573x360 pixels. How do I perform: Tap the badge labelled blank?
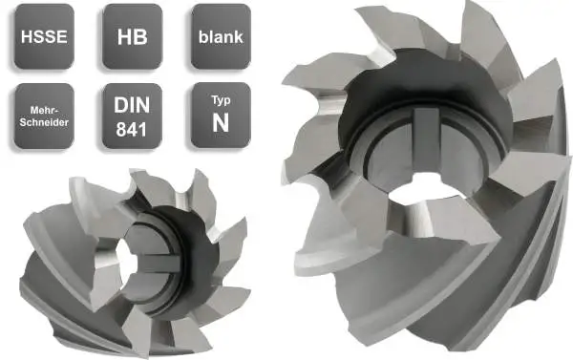coord(219,38)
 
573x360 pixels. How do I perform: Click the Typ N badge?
coord(219,115)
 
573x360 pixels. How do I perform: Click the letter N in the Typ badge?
coord(219,123)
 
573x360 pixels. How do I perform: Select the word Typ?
coord(219,100)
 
